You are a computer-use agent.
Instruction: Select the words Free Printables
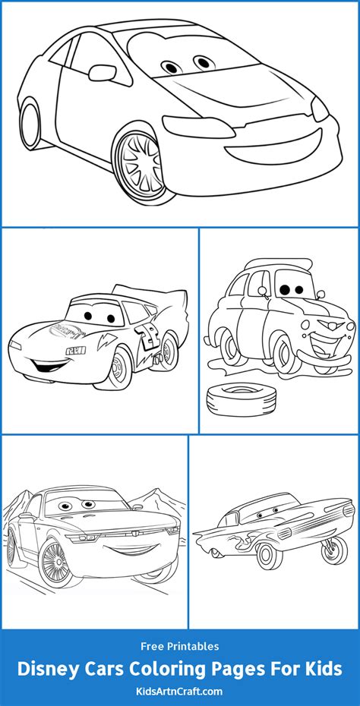pos(180,646)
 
